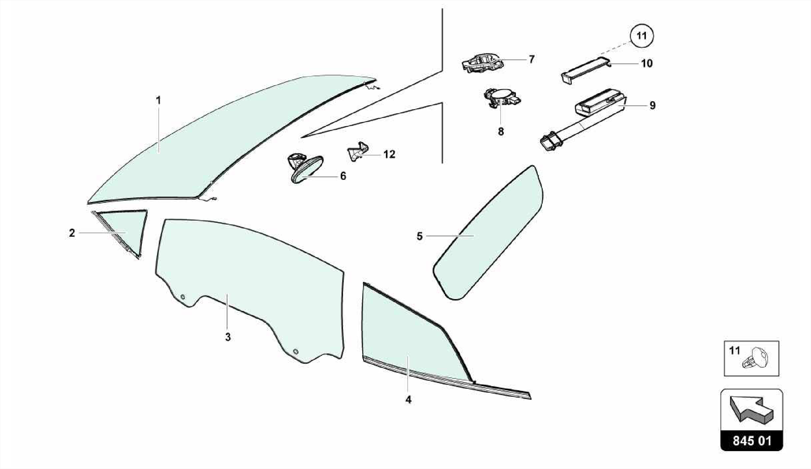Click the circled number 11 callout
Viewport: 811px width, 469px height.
tap(642, 36)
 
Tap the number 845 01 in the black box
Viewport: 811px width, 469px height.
tap(752, 440)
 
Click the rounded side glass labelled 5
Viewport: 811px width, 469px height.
tap(488, 233)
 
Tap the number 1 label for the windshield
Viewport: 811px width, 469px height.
tap(158, 101)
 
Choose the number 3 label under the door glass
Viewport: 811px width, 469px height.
tap(228, 337)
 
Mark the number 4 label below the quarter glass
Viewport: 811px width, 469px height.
tap(408, 400)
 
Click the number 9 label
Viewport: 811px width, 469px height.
tap(653, 105)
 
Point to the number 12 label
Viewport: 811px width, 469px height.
tap(389, 154)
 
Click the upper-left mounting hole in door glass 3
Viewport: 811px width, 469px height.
tap(183, 297)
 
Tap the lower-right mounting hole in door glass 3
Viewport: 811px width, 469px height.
tap(296, 351)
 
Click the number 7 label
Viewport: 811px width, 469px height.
tap(531, 59)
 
